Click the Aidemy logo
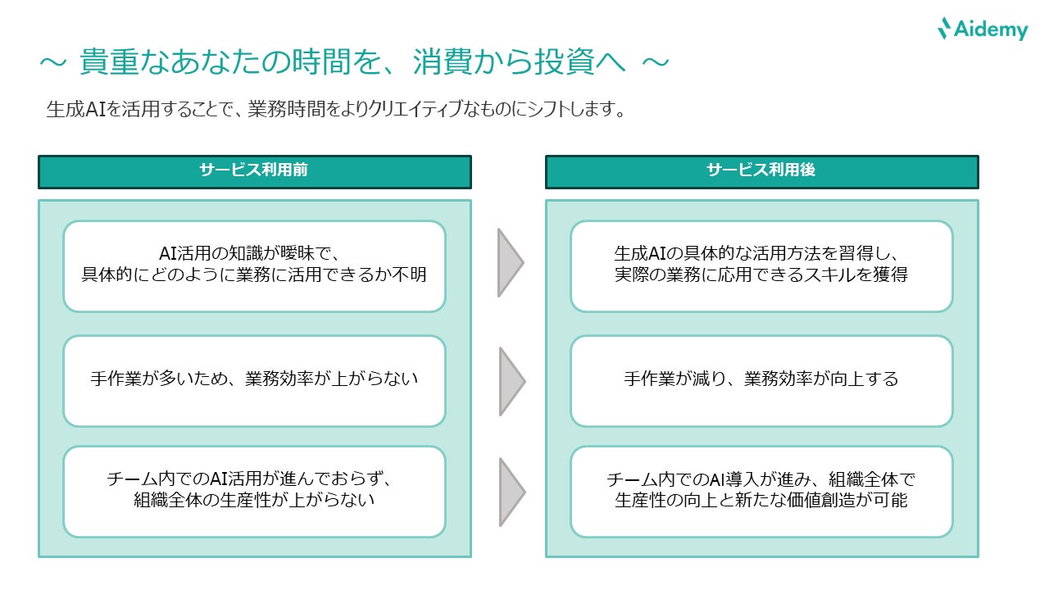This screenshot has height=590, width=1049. coord(982,29)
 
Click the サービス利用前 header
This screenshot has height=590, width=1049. coord(254,171)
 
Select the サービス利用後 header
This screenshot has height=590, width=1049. coord(761,171)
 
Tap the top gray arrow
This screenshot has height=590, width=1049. coord(509,262)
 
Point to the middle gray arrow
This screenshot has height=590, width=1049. coord(509,381)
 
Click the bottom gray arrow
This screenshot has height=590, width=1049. coord(509,492)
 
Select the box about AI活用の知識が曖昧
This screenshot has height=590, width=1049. coord(254,265)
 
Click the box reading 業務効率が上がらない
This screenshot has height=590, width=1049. coord(254,380)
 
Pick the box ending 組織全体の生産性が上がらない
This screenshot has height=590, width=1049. coord(254,491)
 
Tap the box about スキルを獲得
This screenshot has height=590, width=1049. coord(761,265)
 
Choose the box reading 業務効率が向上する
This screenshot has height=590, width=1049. coord(761,380)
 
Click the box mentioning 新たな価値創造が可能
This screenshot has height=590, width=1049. coord(761,491)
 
